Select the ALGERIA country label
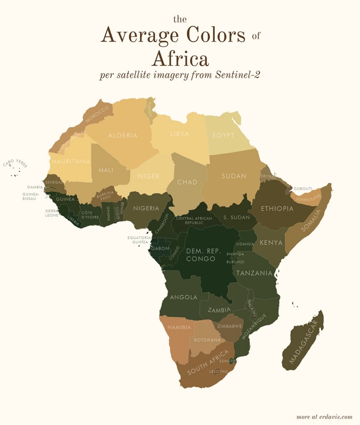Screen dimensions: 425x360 pos(123,135)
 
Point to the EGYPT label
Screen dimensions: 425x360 pos(224,135)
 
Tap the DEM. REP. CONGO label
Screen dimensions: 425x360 pos(201,255)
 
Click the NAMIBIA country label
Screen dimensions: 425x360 pos(179,327)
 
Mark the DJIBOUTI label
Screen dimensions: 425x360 pos(303,188)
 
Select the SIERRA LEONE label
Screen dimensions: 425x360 pos(52,213)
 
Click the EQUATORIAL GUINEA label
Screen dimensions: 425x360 pos(139,240)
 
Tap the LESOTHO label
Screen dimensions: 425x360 pos(219,371)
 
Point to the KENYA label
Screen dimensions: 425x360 pos(271,242)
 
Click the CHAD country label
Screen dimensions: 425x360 pos(187,182)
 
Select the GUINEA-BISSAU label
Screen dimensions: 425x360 pos(31,196)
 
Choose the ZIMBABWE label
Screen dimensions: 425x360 pos(230,326)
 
